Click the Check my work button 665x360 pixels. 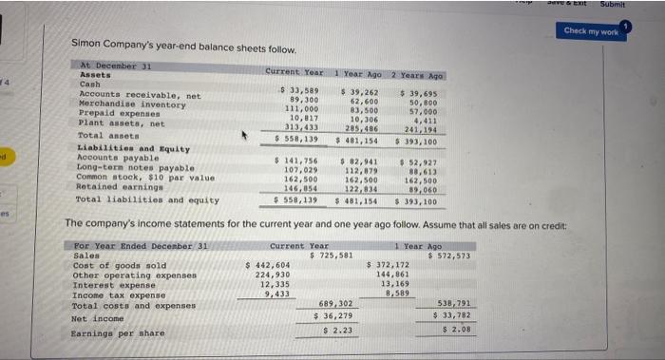coord(590,30)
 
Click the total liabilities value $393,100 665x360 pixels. coord(415,201)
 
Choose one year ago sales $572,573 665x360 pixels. coord(449,256)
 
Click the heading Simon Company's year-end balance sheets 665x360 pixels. coord(184,48)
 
